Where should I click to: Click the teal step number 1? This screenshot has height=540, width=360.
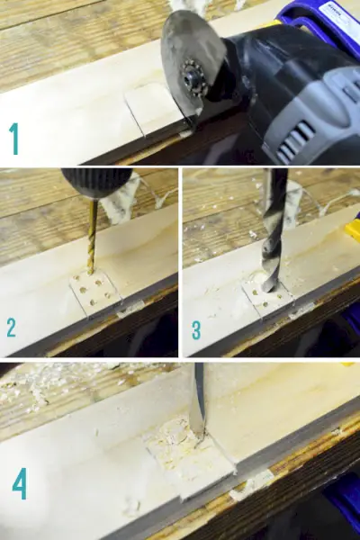tap(14, 139)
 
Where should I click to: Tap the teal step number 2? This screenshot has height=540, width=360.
tap(11, 328)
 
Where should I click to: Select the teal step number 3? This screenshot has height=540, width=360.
tap(196, 330)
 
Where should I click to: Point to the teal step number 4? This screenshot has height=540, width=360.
tap(20, 483)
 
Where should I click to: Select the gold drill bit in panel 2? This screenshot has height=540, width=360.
tap(92, 238)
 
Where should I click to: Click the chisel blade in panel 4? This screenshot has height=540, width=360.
tap(197, 400)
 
